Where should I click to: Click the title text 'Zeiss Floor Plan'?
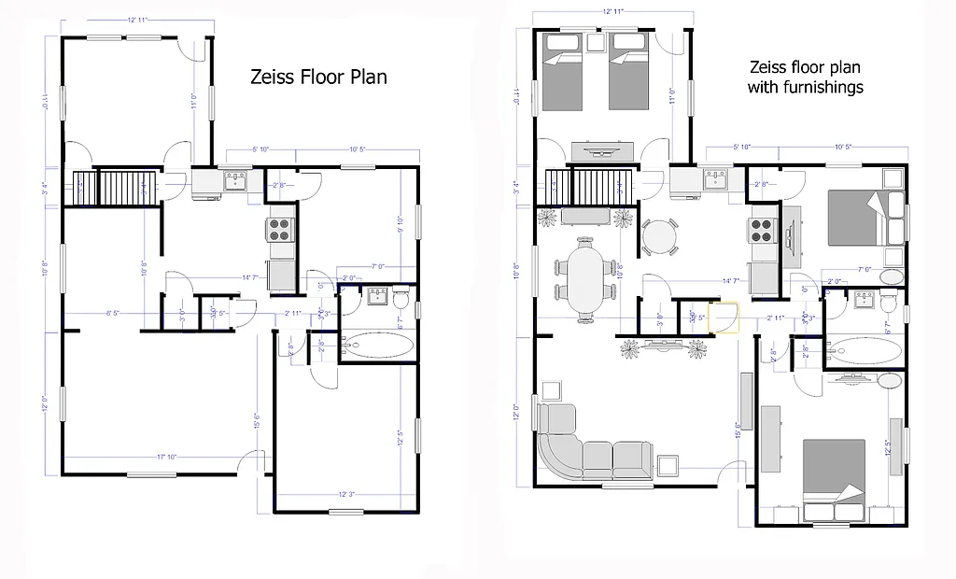click(x=318, y=78)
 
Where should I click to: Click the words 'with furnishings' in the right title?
click(x=805, y=87)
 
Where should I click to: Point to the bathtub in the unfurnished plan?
click(x=379, y=347)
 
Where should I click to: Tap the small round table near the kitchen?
click(x=661, y=236)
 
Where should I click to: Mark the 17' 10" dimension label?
click(x=168, y=457)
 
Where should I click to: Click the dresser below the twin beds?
click(x=602, y=149)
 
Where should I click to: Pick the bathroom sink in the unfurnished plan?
click(x=377, y=298)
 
